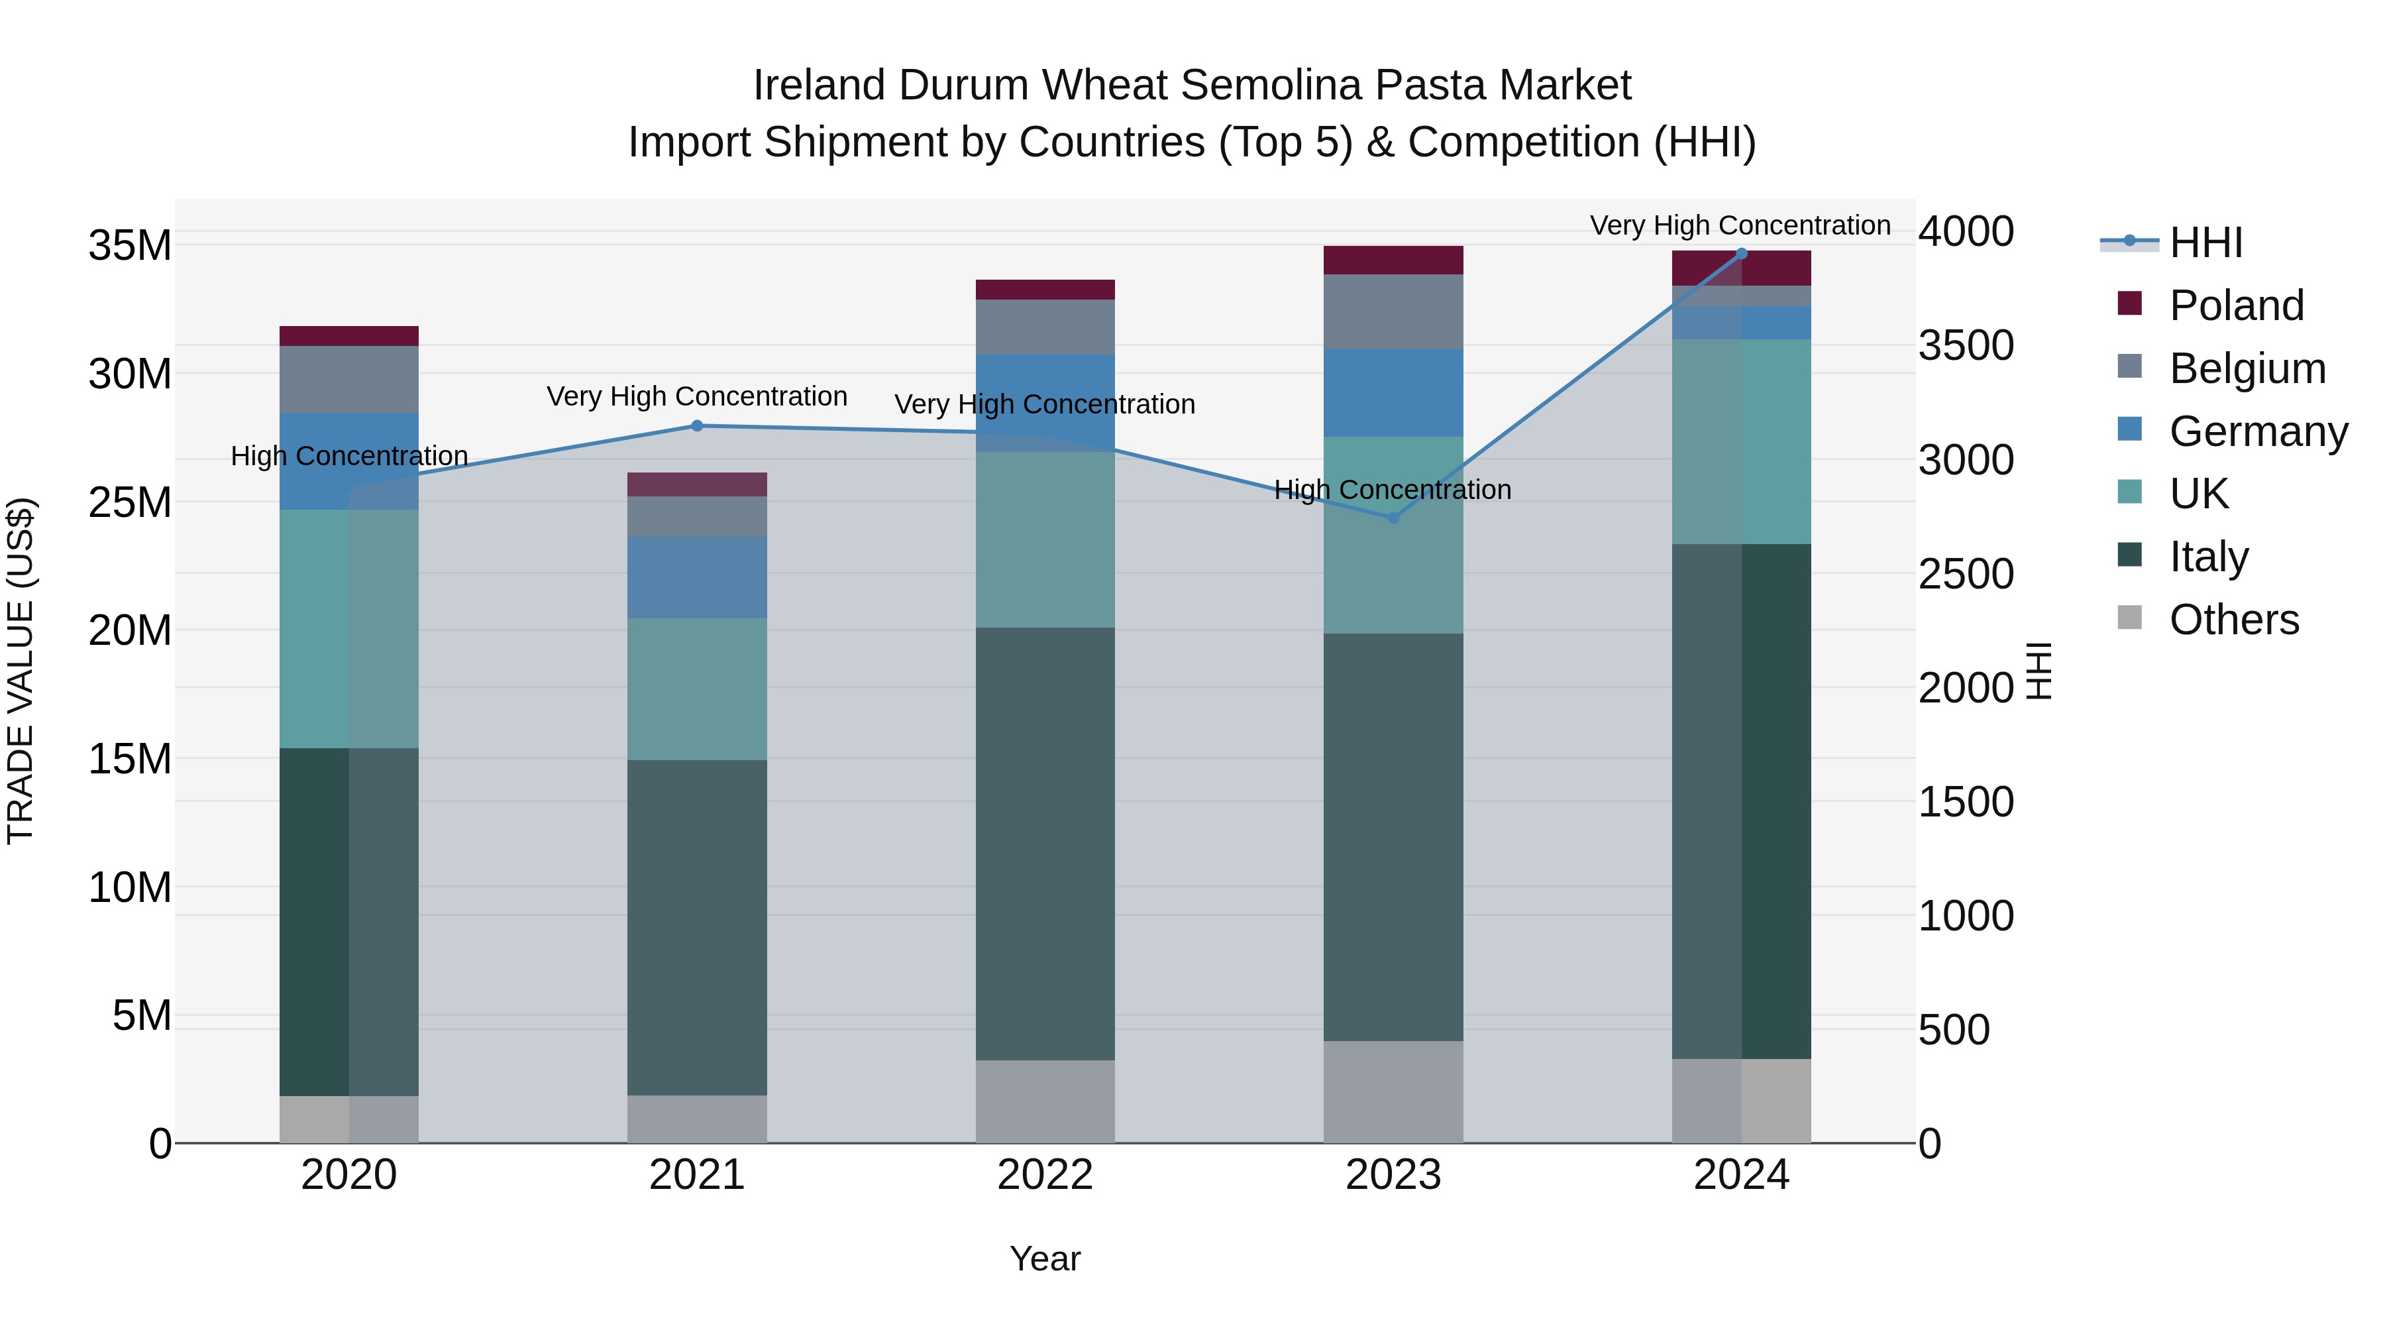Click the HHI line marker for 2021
(x=697, y=426)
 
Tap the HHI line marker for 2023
(x=1393, y=518)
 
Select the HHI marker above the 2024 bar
(x=1742, y=254)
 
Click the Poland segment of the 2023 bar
(x=1393, y=260)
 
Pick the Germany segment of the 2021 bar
(x=697, y=578)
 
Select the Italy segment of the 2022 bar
(x=1045, y=844)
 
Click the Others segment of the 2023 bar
(x=1393, y=1092)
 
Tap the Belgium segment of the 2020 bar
(x=349, y=380)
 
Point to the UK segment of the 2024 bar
(x=1742, y=442)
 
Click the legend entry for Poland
(x=2236, y=306)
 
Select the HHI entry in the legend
(x=2205, y=243)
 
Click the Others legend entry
(x=2233, y=620)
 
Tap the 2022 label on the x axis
(x=1045, y=1175)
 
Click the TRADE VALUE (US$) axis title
(x=21, y=671)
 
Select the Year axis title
(x=1045, y=1258)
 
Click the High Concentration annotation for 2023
(x=1393, y=490)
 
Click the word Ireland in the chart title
(x=820, y=85)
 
